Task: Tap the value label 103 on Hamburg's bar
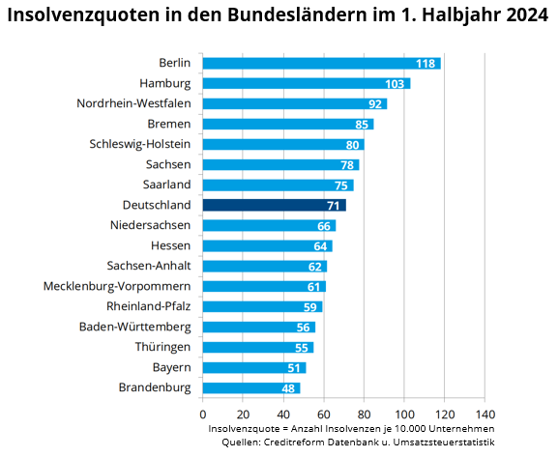395,84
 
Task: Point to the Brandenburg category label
155,387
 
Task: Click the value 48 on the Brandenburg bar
288,387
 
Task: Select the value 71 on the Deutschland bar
334,205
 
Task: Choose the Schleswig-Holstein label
139,144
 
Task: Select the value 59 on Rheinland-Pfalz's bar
310,306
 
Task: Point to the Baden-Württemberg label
134,327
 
